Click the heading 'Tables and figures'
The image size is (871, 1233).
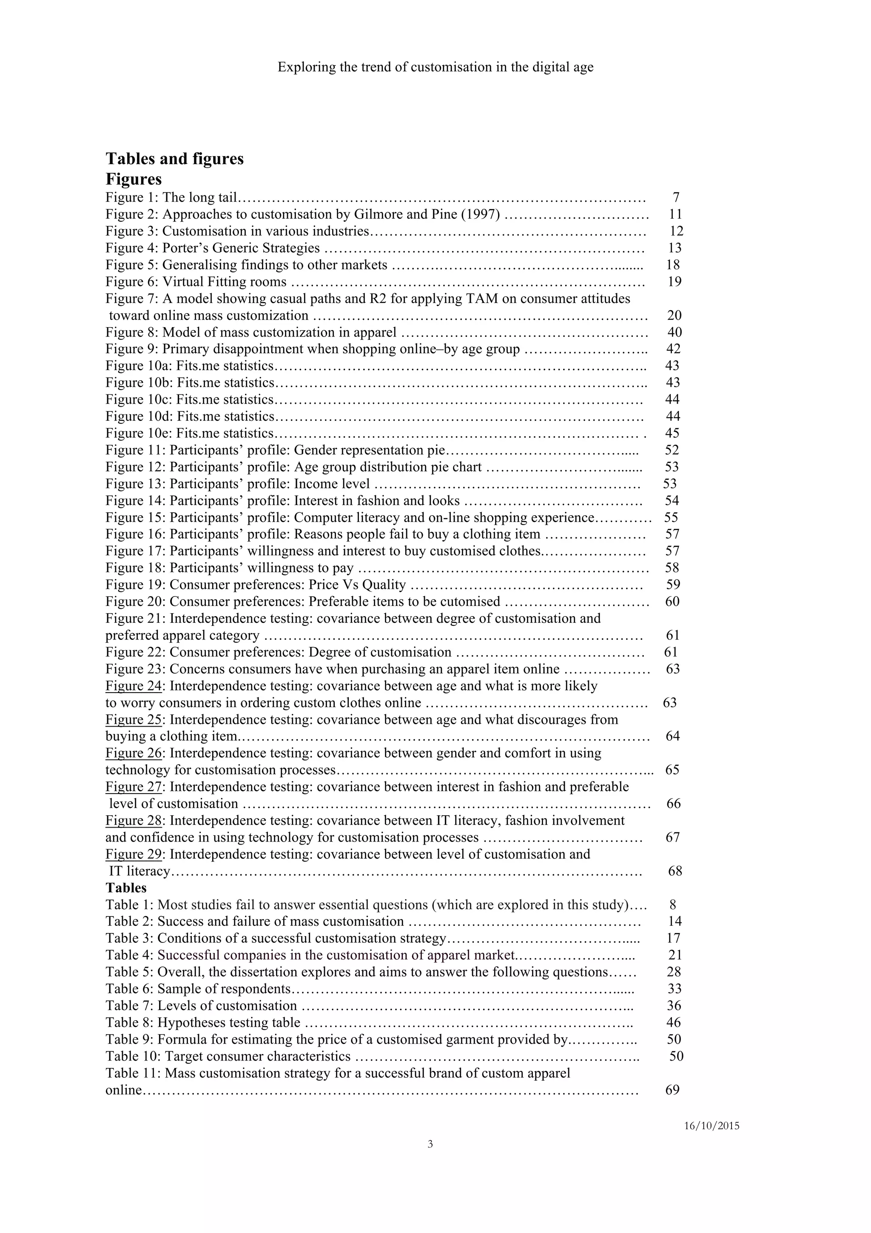[174, 159]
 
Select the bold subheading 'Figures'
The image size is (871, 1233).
[134, 179]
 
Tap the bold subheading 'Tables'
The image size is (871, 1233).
[126, 888]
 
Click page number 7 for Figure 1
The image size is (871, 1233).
[676, 197]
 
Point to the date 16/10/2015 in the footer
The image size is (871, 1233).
[712, 1127]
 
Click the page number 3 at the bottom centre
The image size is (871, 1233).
[430, 1145]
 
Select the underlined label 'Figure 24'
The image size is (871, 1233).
[134, 686]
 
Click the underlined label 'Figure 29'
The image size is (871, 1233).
[134, 854]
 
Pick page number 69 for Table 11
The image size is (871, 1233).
[672, 1090]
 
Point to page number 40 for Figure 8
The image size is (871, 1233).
[675, 332]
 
